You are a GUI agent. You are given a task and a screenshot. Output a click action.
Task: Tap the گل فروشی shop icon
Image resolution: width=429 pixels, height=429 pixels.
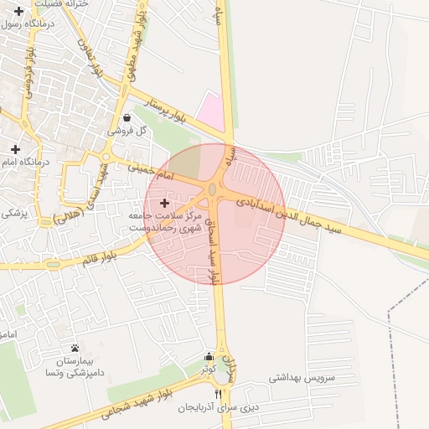point(126,118)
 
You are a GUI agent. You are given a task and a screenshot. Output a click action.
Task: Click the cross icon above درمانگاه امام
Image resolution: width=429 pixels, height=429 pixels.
point(15,149)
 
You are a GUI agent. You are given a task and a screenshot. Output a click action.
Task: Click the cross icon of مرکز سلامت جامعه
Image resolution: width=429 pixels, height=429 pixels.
point(164,203)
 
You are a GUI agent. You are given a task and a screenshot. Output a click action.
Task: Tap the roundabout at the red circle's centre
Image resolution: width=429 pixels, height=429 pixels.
point(214,191)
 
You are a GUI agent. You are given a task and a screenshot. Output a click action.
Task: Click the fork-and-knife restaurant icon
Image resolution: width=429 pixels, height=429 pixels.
point(219,394)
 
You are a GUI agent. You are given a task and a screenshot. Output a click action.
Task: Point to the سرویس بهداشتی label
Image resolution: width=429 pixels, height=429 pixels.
point(302,378)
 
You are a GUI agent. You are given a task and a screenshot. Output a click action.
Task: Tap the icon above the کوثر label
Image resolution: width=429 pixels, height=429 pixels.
point(209,357)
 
